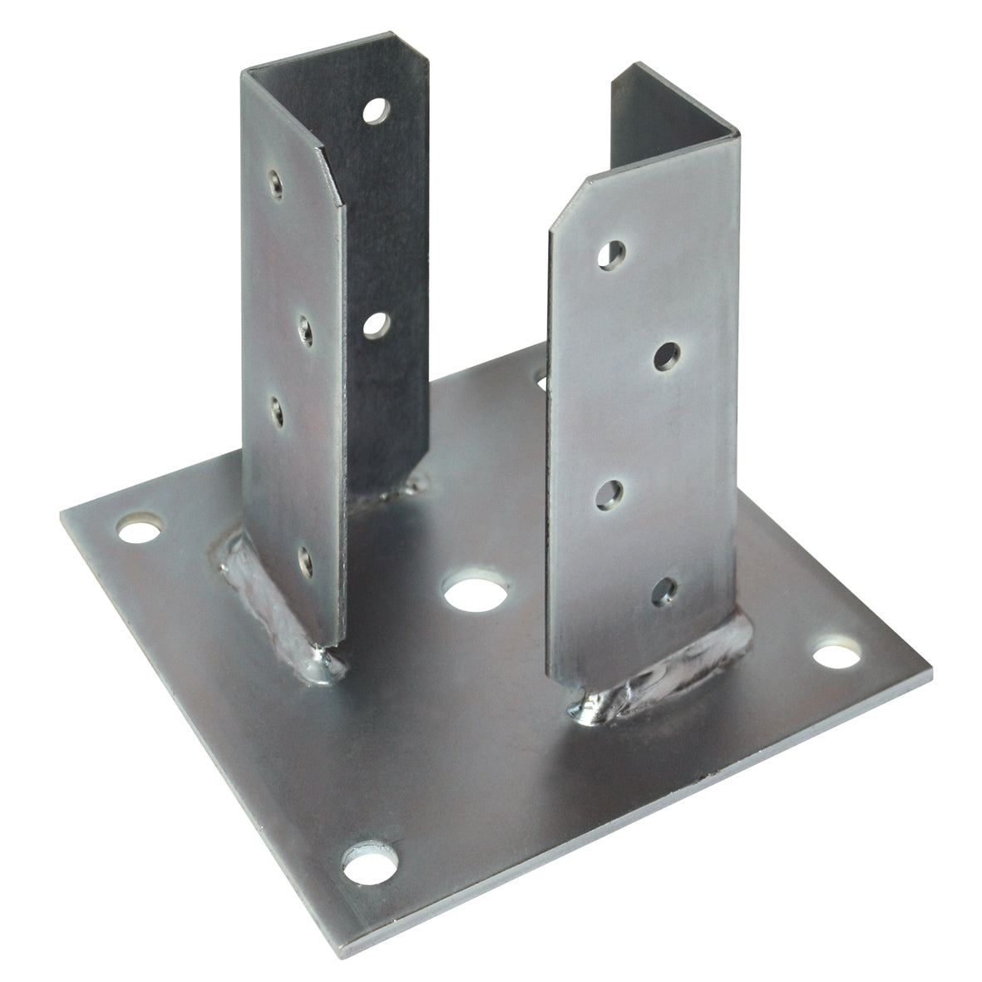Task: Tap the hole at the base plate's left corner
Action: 139,528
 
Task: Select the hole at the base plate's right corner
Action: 836,653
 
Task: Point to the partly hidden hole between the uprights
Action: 541,382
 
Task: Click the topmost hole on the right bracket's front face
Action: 614,254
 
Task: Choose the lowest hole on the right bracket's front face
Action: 664,591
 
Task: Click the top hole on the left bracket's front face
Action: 275,184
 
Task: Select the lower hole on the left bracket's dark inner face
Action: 377,323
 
